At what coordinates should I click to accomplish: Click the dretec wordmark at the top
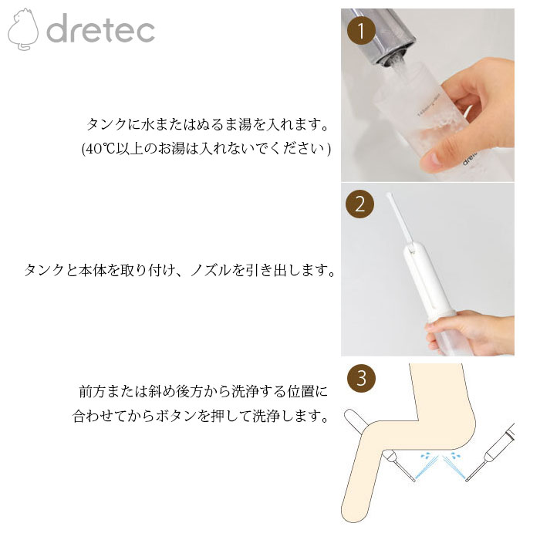(100, 28)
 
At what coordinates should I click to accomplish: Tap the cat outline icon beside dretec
(23, 29)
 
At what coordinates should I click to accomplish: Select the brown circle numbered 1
(361, 31)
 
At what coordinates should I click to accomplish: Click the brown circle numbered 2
(360, 204)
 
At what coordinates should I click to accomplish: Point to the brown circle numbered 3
(361, 378)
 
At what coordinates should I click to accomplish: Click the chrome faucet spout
(383, 36)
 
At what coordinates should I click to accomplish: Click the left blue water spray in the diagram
(427, 466)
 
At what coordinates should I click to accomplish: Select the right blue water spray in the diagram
(454, 466)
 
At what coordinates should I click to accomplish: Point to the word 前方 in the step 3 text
(93, 392)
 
